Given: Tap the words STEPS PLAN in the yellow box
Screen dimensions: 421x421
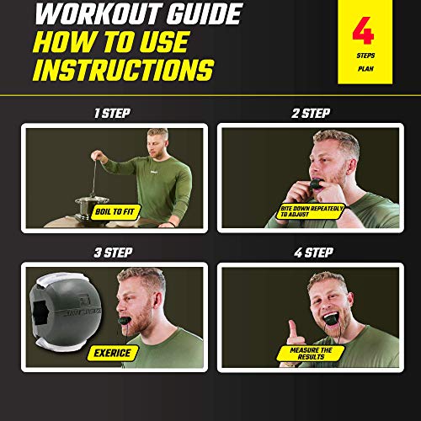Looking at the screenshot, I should [x=363, y=65].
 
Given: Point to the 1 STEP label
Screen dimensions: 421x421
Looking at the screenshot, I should [x=115, y=111].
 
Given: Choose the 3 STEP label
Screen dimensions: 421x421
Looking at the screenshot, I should [x=115, y=251].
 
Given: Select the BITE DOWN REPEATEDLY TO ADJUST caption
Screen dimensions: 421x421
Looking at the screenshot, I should [x=312, y=210].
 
